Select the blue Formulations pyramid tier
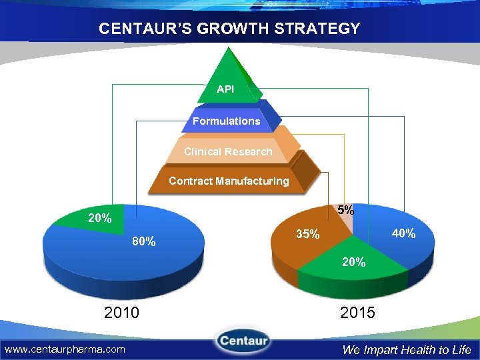click(x=226, y=121)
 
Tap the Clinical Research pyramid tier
click(x=228, y=151)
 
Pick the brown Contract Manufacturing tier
click(x=229, y=181)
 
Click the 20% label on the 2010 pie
click(x=100, y=218)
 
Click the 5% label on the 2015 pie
click(x=345, y=209)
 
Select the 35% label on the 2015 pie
click(x=308, y=235)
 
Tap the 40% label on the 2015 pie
click(x=404, y=233)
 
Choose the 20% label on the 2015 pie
click(x=353, y=263)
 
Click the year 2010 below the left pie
click(x=121, y=312)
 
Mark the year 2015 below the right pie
click(x=357, y=312)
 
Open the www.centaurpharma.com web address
click(x=65, y=349)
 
